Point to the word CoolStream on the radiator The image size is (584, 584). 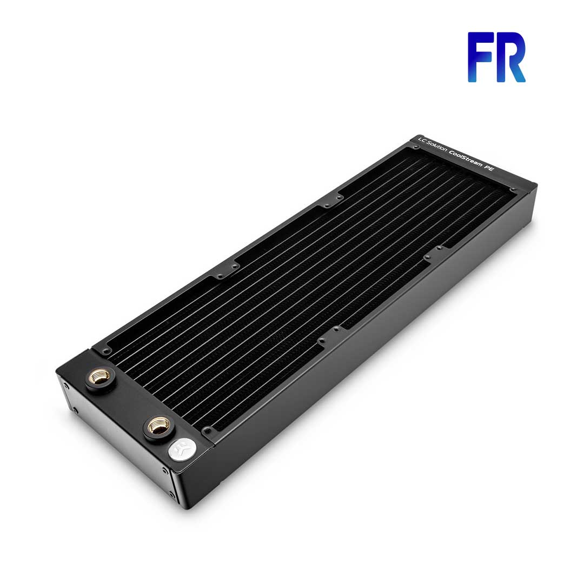coord(466,160)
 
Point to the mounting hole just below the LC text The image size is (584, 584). coord(418,147)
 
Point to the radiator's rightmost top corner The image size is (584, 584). coord(536,185)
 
